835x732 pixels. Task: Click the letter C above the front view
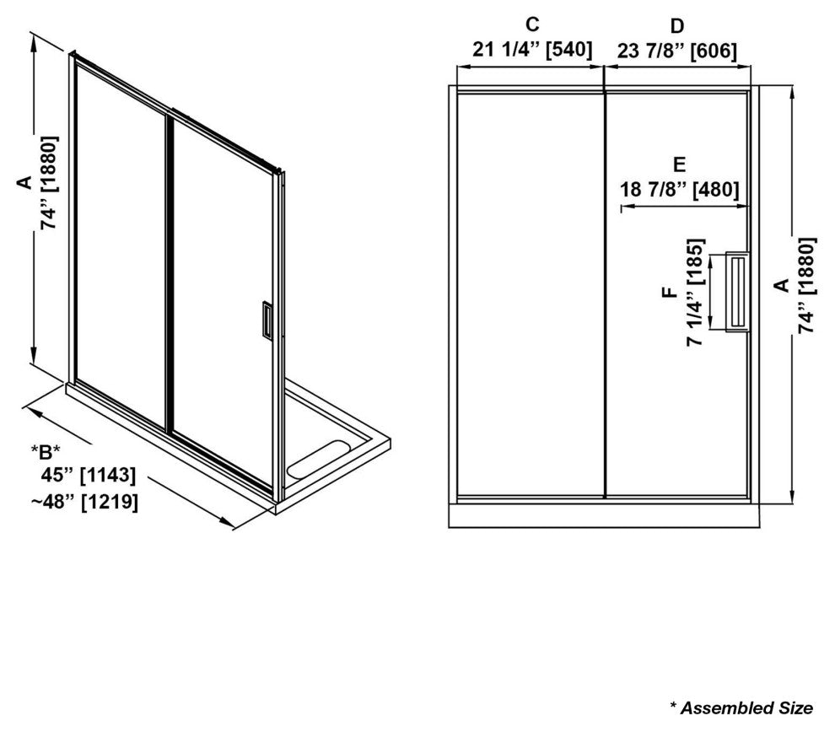[x=532, y=24]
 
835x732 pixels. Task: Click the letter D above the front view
[x=676, y=25]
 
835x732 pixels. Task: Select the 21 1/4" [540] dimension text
[x=532, y=50]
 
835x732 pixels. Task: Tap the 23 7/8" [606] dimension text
[x=676, y=51]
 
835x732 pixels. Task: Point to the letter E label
[x=679, y=165]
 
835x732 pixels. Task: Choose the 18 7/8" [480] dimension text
[x=680, y=190]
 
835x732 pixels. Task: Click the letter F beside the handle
[x=670, y=292]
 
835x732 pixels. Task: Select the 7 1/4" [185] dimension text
[x=695, y=293]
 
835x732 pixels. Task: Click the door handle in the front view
[x=737, y=292]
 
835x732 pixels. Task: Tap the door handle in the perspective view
[x=268, y=320]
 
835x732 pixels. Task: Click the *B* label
[x=46, y=452]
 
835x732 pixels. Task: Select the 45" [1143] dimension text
[x=89, y=475]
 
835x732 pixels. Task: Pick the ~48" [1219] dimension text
[x=84, y=502]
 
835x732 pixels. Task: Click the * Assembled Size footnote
[x=741, y=708]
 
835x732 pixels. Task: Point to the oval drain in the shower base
[x=317, y=458]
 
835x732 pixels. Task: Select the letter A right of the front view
[x=781, y=285]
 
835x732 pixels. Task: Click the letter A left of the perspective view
[x=24, y=183]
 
